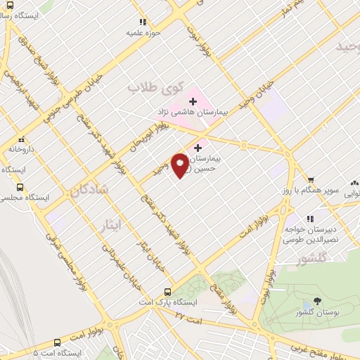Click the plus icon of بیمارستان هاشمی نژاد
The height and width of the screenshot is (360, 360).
click(193, 102)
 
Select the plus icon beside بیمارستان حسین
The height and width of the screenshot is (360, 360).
click(198, 148)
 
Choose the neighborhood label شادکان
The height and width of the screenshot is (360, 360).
click(105, 189)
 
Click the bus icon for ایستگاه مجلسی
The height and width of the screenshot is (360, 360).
click(20, 188)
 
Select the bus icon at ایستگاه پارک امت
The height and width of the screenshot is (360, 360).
click(167, 292)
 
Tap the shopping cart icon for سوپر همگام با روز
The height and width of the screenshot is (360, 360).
click(310, 179)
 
